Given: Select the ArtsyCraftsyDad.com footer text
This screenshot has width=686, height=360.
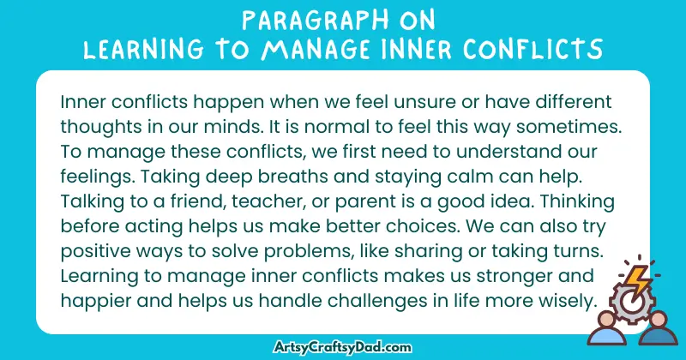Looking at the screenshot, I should [342, 347].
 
